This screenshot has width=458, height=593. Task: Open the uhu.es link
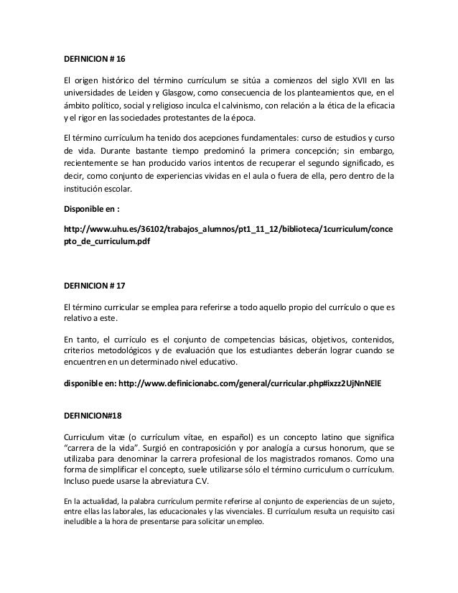click(x=228, y=229)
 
